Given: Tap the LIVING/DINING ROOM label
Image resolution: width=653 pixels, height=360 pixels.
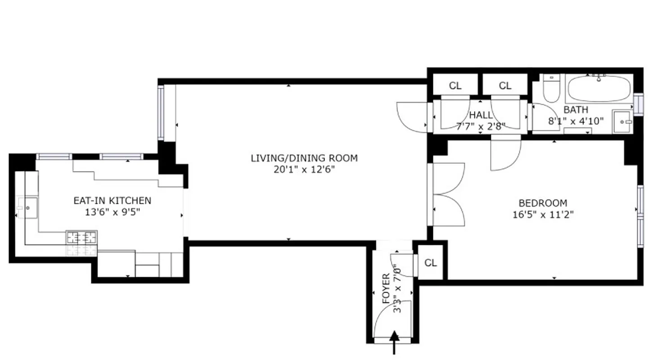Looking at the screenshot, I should tap(304, 158).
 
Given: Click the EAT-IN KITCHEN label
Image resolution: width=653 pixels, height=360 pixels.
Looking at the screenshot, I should tap(112, 201).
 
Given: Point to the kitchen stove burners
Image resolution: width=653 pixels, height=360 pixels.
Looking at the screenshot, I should tap(81, 237).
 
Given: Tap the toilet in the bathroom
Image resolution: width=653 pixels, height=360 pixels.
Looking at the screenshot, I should tap(551, 89).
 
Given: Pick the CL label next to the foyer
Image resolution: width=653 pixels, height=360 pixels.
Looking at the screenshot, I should tap(431, 263).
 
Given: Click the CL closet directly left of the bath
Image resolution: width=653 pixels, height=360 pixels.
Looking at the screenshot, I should tap(505, 85).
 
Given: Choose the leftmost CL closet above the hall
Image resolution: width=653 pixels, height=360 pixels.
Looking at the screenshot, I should tap(455, 85).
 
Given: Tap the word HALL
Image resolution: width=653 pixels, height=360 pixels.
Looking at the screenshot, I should tap(481, 116).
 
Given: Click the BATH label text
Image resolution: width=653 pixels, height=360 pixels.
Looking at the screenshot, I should tap(576, 110).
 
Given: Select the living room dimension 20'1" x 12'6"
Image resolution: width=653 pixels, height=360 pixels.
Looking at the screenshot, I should tap(304, 170).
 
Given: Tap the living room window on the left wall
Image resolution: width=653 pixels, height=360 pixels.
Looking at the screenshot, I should tap(161, 112).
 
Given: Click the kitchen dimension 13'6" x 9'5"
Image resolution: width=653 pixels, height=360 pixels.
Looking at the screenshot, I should tap(112, 212).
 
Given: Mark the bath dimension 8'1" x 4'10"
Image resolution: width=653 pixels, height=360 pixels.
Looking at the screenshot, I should tap(576, 121).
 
